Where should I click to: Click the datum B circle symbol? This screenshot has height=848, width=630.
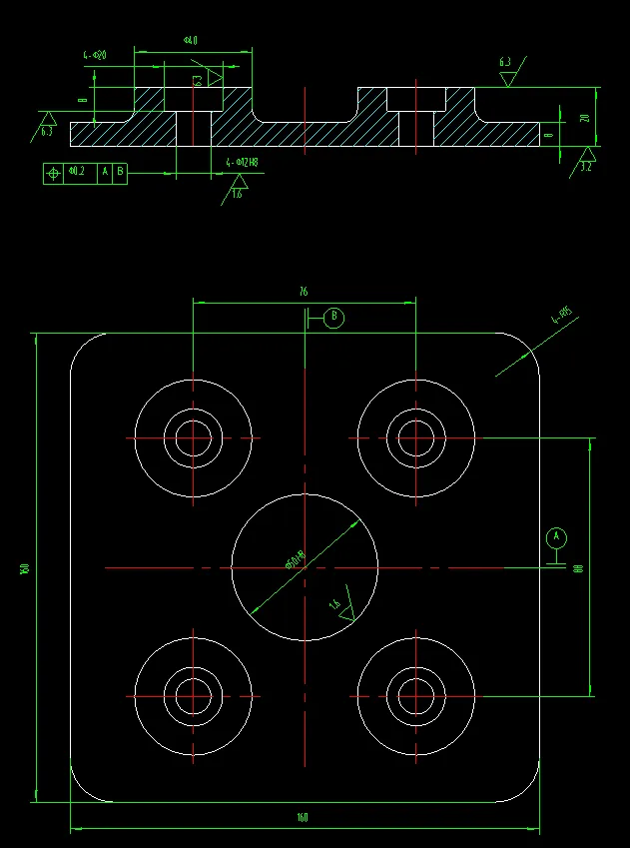(334, 318)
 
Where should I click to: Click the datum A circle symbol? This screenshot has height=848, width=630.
(557, 537)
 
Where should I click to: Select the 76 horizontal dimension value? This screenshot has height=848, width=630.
(303, 293)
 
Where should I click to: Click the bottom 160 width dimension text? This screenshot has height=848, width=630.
(303, 818)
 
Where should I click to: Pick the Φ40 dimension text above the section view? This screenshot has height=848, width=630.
(191, 40)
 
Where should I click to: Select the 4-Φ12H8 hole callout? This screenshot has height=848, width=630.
(243, 162)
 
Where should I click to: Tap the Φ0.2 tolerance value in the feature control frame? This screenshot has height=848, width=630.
(76, 172)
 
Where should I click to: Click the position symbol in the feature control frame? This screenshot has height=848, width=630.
(53, 172)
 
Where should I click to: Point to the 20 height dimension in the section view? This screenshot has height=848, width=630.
(585, 117)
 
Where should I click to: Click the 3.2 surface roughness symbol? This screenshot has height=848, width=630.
(587, 160)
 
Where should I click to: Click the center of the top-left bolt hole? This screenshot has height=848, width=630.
(193, 437)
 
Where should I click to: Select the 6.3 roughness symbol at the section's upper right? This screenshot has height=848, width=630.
(507, 72)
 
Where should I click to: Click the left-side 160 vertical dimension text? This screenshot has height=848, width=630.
(22, 568)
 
